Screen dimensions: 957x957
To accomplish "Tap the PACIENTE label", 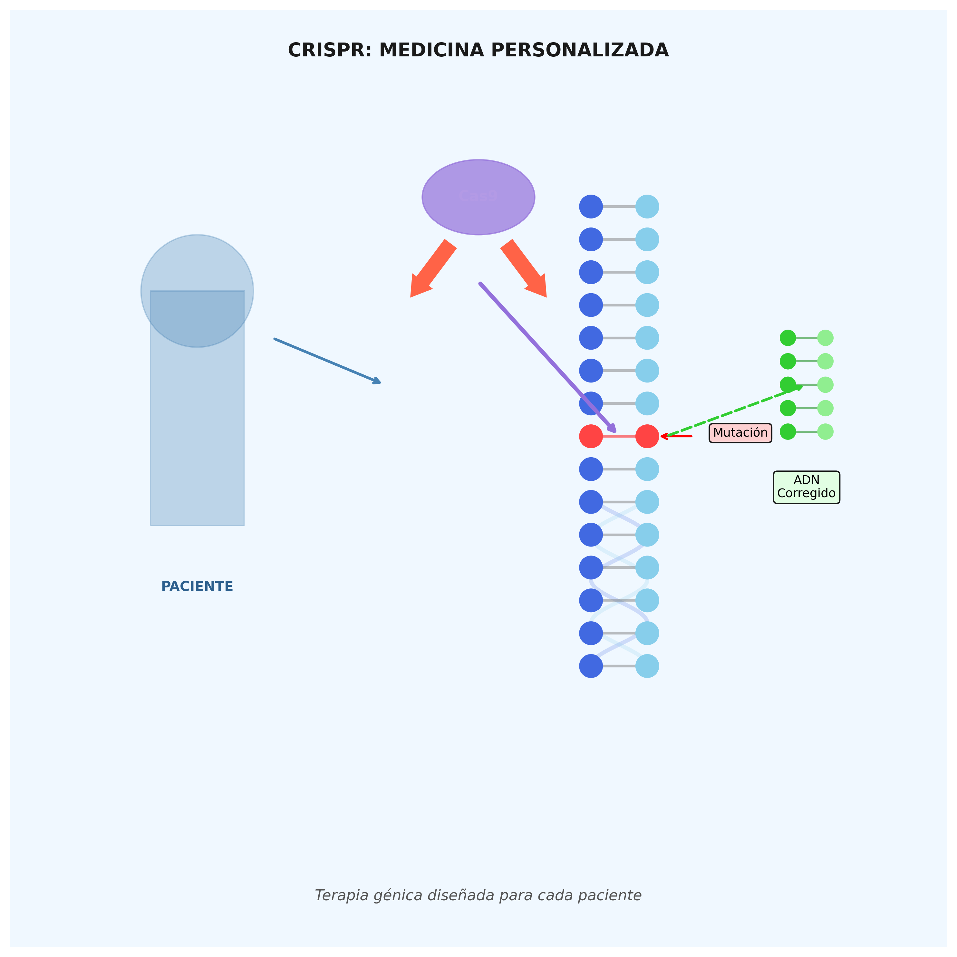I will pyautogui.click(x=197, y=586).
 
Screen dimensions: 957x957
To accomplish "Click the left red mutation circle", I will pyautogui.click(x=591, y=436).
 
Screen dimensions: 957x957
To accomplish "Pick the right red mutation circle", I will pyautogui.click(x=647, y=436).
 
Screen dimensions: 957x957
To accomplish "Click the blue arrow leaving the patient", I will pyautogui.click(x=327, y=361).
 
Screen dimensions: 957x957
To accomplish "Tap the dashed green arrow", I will pyautogui.click(x=733, y=411).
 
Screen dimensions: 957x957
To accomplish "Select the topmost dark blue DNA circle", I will pyautogui.click(x=591, y=207).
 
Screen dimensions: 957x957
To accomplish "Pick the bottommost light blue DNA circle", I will pyautogui.click(x=647, y=666).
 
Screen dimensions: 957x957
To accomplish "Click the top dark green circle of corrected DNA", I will pyautogui.click(x=788, y=338).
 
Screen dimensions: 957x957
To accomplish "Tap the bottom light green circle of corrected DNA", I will pyautogui.click(x=825, y=431).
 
